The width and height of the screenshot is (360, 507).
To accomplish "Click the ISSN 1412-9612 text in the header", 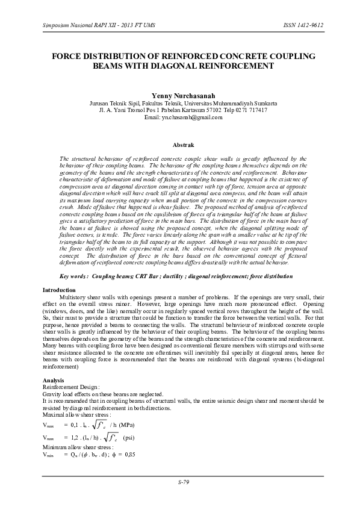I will pyautogui.click(x=299, y=26).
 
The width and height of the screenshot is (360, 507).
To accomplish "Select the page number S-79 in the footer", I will pyautogui.click(x=184, y=482).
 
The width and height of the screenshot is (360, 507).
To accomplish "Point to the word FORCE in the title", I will pyautogui.click(x=70, y=55).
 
